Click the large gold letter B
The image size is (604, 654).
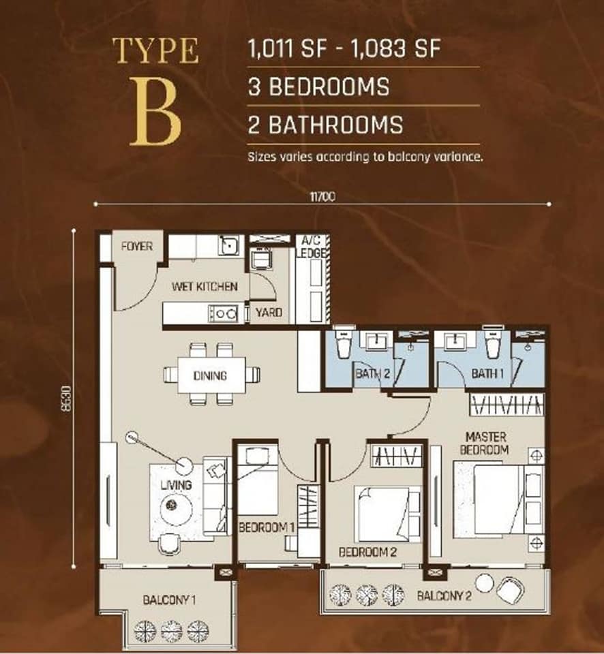click(155, 111)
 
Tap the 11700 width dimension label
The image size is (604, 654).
click(322, 196)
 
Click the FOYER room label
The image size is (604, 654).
click(137, 247)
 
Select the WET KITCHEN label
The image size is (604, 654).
click(205, 287)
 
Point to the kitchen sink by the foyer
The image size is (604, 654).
click(228, 245)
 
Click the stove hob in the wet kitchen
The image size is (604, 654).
click(223, 313)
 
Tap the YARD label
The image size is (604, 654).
click(269, 312)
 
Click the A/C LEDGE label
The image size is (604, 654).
click(311, 247)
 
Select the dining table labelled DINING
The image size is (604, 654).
click(211, 375)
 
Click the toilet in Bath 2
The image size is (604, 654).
click(345, 343)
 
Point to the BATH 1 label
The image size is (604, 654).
click(487, 373)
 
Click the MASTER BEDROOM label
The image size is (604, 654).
click(485, 443)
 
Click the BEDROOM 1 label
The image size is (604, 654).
click(267, 527)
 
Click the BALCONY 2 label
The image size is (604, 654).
click(444, 595)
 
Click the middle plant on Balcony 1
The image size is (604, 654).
click(171, 632)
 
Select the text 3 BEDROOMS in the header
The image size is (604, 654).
click(319, 87)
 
